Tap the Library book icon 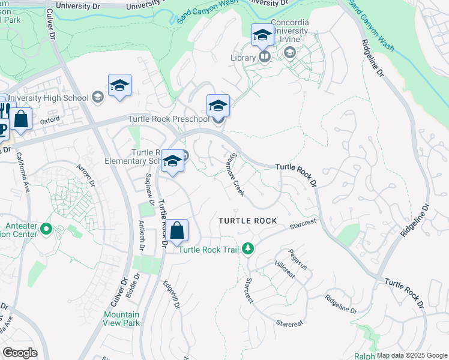click(x=264, y=57)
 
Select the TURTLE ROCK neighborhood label click(x=248, y=221)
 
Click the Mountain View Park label click(x=121, y=319)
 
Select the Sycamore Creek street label click(x=235, y=176)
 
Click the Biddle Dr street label click(x=133, y=286)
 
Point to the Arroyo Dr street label click(x=86, y=175)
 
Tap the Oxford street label click(x=50, y=120)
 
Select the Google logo click(x=20, y=353)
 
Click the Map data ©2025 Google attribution click(x=412, y=355)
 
